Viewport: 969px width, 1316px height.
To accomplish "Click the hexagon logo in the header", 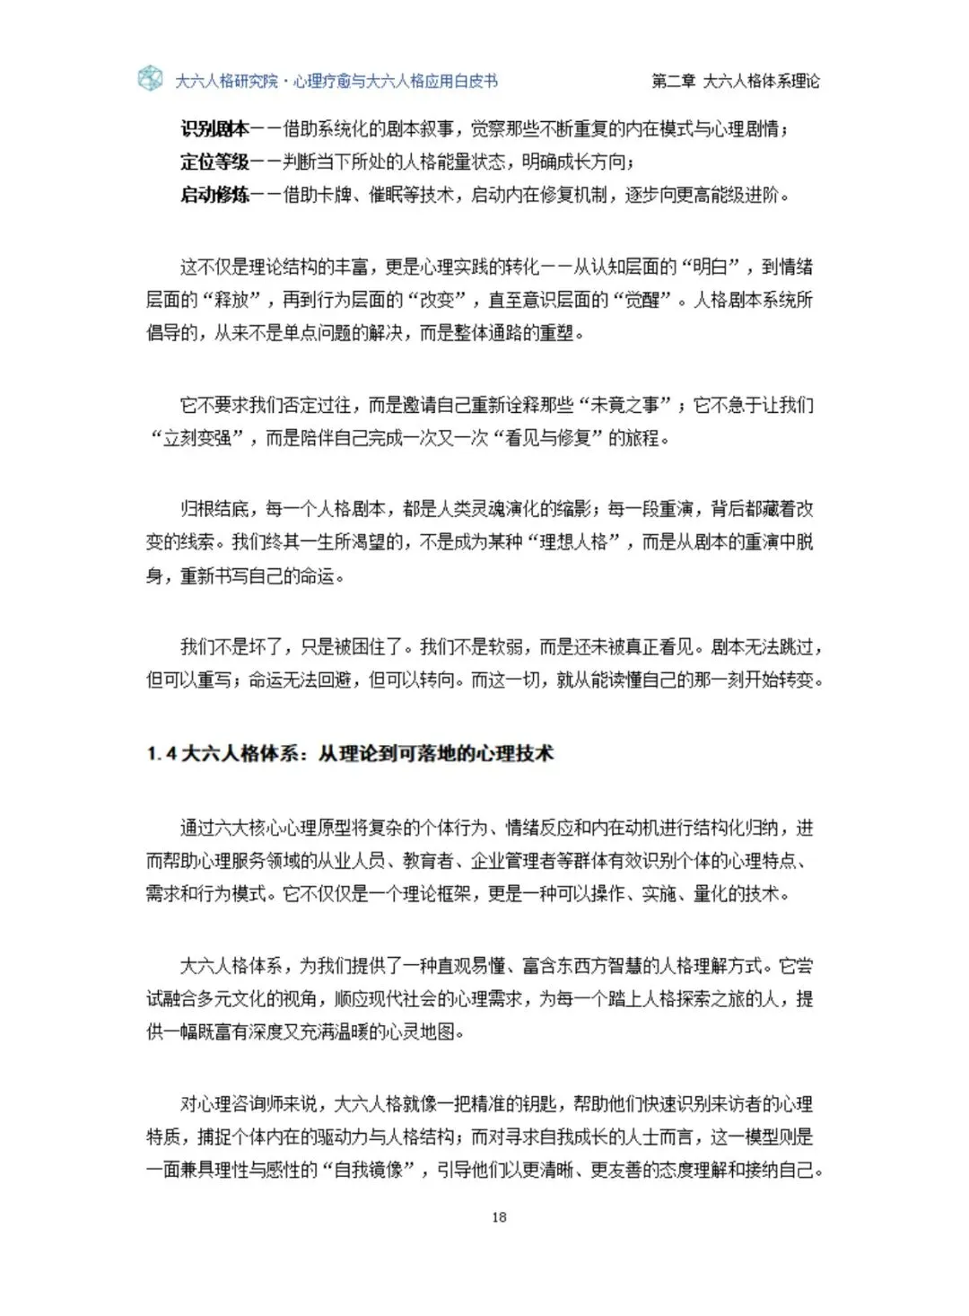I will [150, 79].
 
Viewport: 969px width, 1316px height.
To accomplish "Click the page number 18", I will [500, 1217].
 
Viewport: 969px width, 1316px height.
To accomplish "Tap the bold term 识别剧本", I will [214, 129].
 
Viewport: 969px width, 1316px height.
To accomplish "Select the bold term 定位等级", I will [214, 162].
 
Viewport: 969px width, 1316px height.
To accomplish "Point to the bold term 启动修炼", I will [214, 195].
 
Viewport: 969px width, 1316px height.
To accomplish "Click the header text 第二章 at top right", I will [674, 81].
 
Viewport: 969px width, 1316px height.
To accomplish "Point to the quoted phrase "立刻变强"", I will [197, 438].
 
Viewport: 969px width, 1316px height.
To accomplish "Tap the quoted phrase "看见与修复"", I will [554, 438].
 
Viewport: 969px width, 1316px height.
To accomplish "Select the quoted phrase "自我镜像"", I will [369, 1171].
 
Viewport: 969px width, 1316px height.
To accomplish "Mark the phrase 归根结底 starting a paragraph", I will [214, 509].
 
